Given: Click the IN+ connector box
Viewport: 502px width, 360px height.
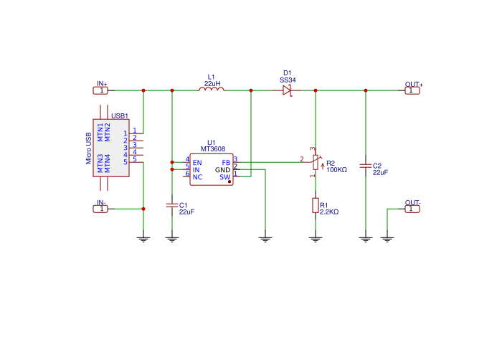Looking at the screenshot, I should pos(102,90).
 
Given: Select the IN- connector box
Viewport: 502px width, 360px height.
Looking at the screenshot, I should pos(102,209).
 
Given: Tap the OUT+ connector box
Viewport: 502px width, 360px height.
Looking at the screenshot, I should pos(411,90).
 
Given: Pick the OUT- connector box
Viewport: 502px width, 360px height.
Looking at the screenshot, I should pos(411,209).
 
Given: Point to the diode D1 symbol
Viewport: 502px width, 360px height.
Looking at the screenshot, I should pos(287,90).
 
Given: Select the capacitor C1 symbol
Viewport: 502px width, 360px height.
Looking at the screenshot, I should pos(172,205).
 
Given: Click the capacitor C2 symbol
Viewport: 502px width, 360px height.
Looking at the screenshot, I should pos(366,166).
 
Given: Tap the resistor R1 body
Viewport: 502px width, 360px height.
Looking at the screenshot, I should pos(316,205).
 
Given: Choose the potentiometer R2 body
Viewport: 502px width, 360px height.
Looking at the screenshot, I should pos(316,164).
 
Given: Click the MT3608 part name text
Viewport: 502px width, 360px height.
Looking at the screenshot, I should pos(212,149).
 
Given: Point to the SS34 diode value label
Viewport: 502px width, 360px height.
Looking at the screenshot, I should pos(288,80).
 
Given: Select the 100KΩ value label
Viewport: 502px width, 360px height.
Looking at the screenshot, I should pos(336,170).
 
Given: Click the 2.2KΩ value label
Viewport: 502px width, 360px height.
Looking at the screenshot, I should pos(329,212).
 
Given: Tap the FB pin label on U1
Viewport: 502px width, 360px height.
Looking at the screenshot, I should pos(226,162).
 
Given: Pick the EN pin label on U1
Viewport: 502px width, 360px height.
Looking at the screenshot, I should pos(196,162).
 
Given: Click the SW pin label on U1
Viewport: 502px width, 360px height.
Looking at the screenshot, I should pos(224,176).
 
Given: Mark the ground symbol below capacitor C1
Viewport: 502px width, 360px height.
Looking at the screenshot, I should pos(172,237).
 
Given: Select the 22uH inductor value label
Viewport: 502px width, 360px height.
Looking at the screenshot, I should pos(212,84).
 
